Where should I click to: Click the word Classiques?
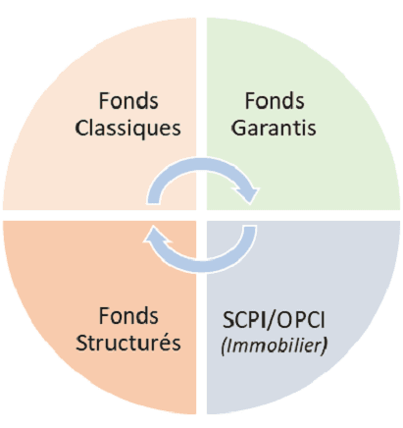coord(127,129)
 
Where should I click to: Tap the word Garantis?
coord(274,128)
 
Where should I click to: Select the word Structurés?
coord(128,343)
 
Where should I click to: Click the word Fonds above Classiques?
coord(128,100)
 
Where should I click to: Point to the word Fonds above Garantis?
coord(275,100)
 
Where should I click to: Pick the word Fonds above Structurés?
coord(128,316)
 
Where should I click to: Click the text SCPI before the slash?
coord(244,320)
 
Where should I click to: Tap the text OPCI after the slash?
coord(301,320)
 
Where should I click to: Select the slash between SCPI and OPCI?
coord(271,320)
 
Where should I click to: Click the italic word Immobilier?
coord(275,346)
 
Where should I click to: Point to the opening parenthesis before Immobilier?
coord(224,347)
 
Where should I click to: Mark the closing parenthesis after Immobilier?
coord(325,347)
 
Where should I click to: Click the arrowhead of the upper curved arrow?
coord(250,194)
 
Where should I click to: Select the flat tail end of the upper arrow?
coord(154,203)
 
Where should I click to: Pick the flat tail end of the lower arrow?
coord(249,226)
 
